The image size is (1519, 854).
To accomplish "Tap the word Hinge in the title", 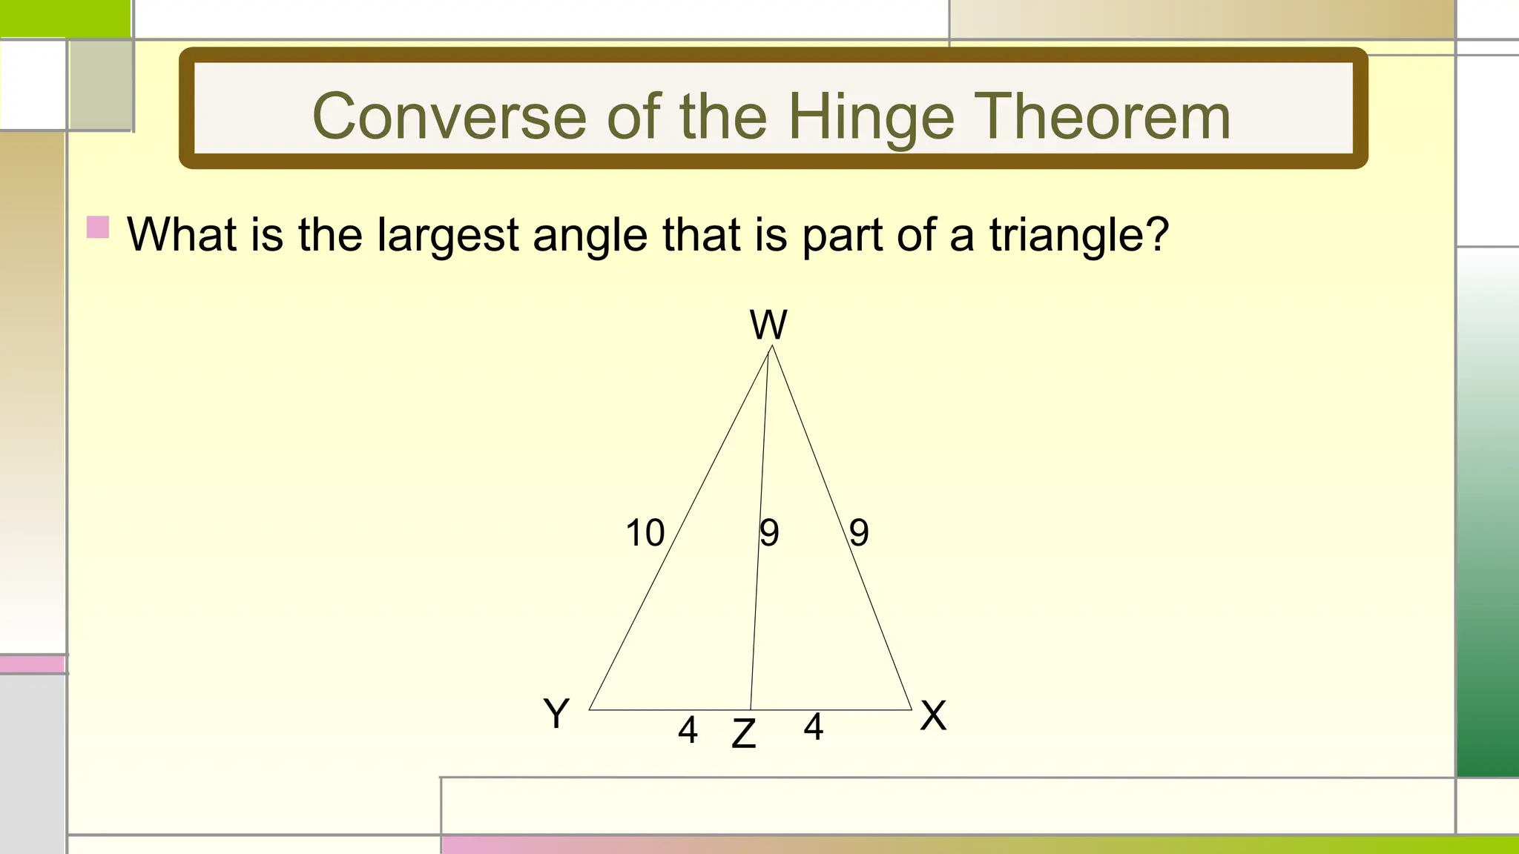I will point(870,118).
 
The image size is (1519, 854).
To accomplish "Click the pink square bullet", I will point(98,227).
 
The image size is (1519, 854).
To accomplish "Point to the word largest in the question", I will point(447,236).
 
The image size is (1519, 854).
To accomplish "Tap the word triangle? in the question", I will point(1078,236).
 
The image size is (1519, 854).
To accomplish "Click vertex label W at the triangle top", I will point(768,325).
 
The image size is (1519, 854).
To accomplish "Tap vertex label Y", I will point(556,714).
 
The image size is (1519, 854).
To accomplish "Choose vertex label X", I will point(933,715).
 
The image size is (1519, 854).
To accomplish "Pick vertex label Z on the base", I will point(743,734).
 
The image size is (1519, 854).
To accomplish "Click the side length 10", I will point(645,533).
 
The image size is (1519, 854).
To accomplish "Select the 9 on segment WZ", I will point(769,533).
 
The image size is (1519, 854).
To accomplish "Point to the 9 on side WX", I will point(859,533).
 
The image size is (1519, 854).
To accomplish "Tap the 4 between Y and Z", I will point(688,730).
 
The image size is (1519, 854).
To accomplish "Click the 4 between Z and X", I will point(813,727).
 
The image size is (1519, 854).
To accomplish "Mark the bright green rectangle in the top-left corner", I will point(65,18).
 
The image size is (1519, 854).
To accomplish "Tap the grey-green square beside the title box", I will point(101,85).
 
